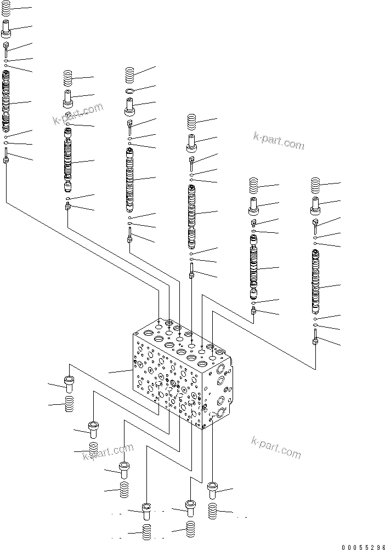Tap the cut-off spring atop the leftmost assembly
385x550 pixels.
6,8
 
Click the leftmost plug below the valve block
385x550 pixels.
69,382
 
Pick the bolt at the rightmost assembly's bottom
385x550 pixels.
315,336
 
